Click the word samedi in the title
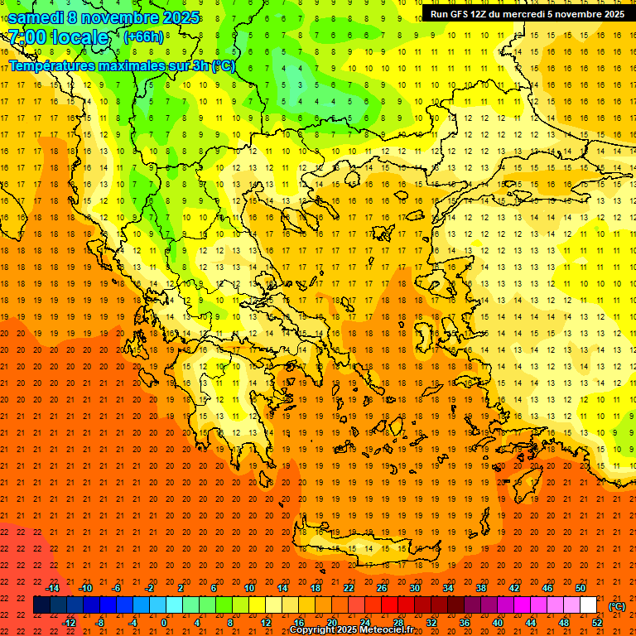pyautogui.click(x=36, y=17)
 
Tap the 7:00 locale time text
pyautogui.click(x=58, y=37)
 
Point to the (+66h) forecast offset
pyautogui.click(x=142, y=37)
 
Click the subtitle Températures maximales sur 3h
pyautogui.click(x=120, y=65)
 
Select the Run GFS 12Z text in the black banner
pyautogui.click(x=460, y=14)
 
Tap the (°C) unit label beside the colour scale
pyautogui.click(x=616, y=606)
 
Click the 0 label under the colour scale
pyautogui.click(x=164, y=623)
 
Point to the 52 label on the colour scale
pyautogui.click(x=597, y=623)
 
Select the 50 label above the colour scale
pyautogui.click(x=581, y=588)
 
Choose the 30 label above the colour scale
pyautogui.click(x=414, y=588)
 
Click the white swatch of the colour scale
pyautogui.click(x=589, y=605)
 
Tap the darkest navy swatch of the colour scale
pyautogui.click(x=42, y=605)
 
